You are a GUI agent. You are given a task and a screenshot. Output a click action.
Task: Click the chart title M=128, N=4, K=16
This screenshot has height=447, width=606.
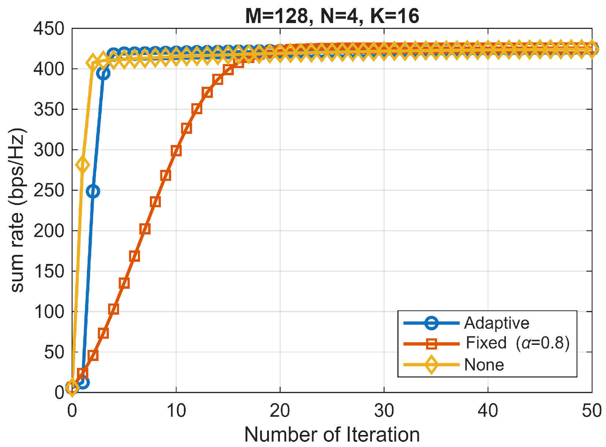(x=332, y=16)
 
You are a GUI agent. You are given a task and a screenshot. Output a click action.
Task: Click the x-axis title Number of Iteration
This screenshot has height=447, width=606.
(x=332, y=435)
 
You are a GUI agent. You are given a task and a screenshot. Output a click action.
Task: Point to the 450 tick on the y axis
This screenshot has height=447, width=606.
(x=49, y=29)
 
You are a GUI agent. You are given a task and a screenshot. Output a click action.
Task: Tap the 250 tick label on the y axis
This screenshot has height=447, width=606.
(x=49, y=190)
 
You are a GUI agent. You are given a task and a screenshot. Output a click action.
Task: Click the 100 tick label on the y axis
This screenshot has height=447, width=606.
(x=49, y=312)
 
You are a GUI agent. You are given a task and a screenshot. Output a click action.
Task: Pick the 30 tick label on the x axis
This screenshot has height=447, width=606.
(x=384, y=411)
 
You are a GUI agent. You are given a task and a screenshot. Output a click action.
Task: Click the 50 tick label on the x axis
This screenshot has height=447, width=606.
(x=591, y=411)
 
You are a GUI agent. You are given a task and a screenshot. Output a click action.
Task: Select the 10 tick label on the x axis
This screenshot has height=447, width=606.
(x=176, y=411)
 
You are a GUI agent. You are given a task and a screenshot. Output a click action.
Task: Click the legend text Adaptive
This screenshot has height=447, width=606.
(x=496, y=323)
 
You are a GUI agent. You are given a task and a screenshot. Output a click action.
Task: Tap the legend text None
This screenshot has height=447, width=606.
(x=484, y=365)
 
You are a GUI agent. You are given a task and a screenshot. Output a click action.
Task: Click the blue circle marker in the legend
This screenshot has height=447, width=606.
(x=432, y=323)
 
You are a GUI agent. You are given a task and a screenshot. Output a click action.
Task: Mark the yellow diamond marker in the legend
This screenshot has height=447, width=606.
(x=432, y=365)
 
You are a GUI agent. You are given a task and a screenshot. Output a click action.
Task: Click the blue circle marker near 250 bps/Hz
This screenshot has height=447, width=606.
(x=93, y=191)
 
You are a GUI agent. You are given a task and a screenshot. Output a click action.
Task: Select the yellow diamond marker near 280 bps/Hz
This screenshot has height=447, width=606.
(x=82, y=165)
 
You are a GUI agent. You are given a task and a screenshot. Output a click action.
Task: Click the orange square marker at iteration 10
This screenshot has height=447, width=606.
(x=176, y=151)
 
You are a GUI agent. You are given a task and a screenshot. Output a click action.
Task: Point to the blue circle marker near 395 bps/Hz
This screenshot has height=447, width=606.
(x=103, y=73)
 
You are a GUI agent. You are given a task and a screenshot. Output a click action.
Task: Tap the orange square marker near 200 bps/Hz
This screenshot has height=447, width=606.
(x=145, y=229)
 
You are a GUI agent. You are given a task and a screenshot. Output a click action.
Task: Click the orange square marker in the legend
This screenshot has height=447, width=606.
(x=432, y=344)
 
